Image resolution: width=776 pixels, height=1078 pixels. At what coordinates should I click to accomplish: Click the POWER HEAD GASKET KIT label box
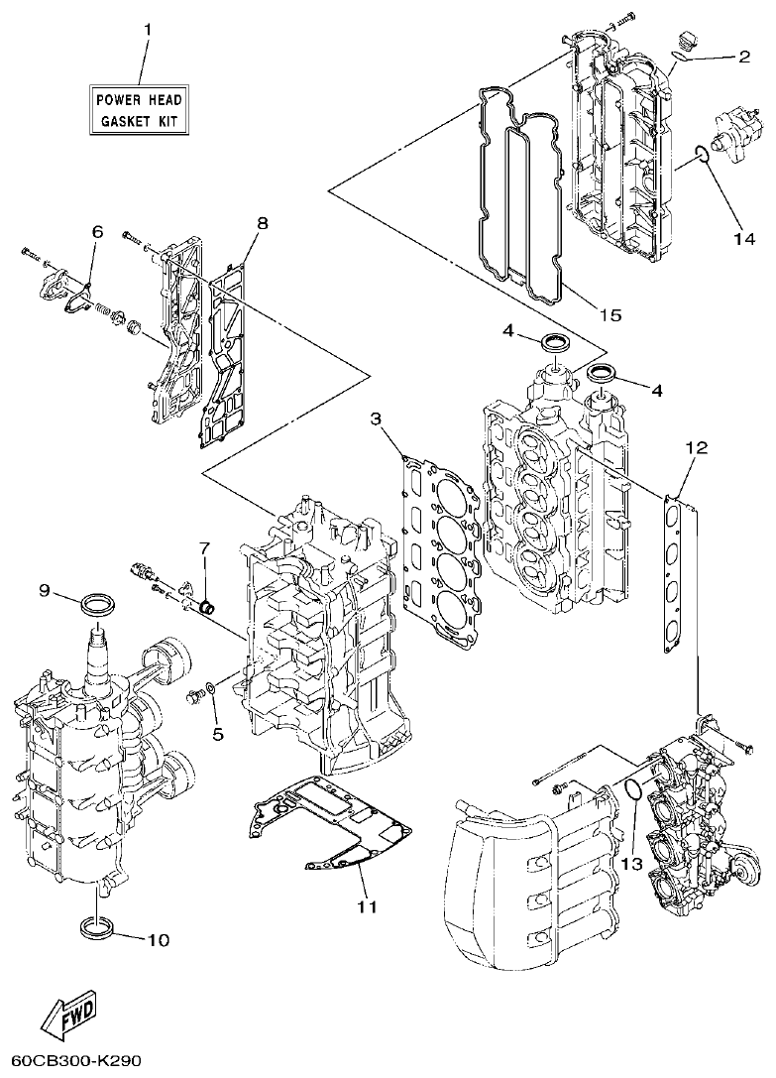click(x=139, y=110)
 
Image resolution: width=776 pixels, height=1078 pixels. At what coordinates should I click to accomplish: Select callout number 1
click(x=149, y=30)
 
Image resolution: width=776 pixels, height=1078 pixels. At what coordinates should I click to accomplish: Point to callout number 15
click(x=610, y=314)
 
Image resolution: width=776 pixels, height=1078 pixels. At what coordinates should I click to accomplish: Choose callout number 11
click(x=368, y=905)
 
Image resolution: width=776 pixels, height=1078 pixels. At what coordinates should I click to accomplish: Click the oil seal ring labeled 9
click(x=97, y=602)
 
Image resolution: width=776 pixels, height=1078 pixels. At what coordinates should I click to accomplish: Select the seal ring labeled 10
click(x=97, y=929)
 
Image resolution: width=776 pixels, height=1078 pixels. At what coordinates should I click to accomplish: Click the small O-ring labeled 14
click(x=702, y=153)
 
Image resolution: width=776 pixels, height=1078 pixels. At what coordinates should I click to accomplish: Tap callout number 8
click(x=262, y=223)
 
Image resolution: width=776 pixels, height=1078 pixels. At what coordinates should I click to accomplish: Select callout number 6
click(x=97, y=231)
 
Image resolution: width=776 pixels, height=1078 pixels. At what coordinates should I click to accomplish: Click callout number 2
click(x=743, y=57)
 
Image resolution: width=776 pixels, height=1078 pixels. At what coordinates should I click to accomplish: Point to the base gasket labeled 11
click(x=327, y=823)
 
